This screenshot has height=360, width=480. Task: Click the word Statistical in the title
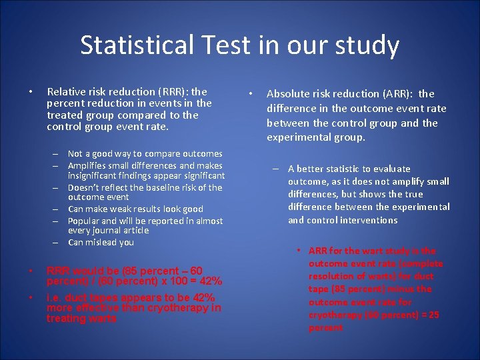[x=135, y=45]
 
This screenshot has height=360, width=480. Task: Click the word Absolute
[x=291, y=94]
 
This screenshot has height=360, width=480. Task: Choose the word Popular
[x=84, y=220]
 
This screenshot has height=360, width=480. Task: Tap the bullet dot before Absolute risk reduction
[x=249, y=93]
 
